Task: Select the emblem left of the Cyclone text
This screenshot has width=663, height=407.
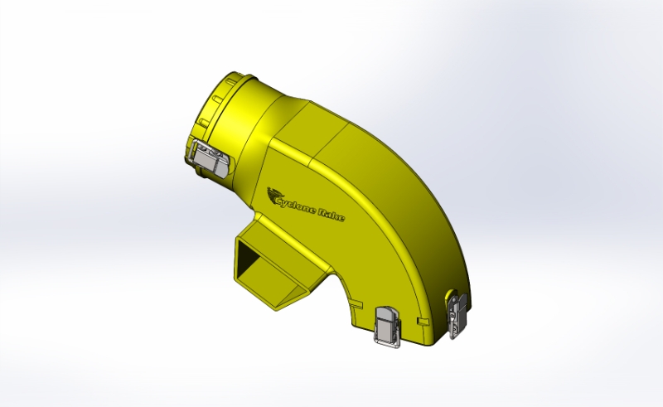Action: pos(273,195)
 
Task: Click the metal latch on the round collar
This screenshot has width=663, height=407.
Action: pos(209,157)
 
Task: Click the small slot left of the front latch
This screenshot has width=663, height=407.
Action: pos(356,303)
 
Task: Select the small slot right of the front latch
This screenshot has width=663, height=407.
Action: pos(423,321)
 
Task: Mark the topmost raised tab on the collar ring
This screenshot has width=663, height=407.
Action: pos(231,80)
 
